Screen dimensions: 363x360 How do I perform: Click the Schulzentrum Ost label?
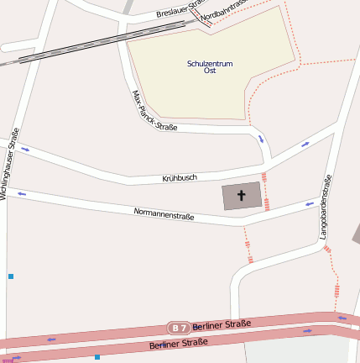pos(210,67)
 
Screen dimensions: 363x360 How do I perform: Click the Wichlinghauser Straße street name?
pos(9,163)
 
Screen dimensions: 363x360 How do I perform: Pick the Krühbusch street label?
pos(180,178)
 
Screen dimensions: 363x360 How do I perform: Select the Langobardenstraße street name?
pos(326,207)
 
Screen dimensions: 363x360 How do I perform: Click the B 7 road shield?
pos(178,327)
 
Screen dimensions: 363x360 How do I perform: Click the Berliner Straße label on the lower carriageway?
pos(178,343)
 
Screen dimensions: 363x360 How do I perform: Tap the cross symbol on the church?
pos(242,197)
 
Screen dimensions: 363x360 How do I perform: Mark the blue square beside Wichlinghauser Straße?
pos(11,276)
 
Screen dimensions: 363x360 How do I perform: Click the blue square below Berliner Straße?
pos(97,357)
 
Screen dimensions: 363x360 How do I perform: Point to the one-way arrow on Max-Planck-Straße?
pos(261,139)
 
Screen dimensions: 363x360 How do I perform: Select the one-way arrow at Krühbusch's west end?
pos(24,150)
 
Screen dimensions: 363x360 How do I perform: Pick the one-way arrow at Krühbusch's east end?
pos(305,145)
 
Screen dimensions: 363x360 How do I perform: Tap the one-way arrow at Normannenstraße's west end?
pos(21,194)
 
